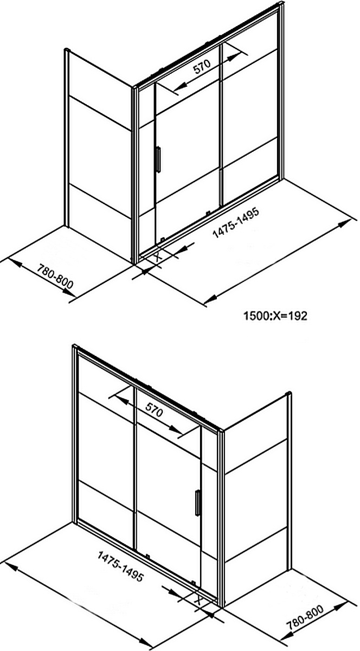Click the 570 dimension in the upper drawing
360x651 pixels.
tap(202, 67)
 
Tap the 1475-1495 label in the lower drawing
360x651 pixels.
tap(120, 566)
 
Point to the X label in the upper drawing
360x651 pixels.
tap(157, 257)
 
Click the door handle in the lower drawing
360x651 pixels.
tap(197, 504)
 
